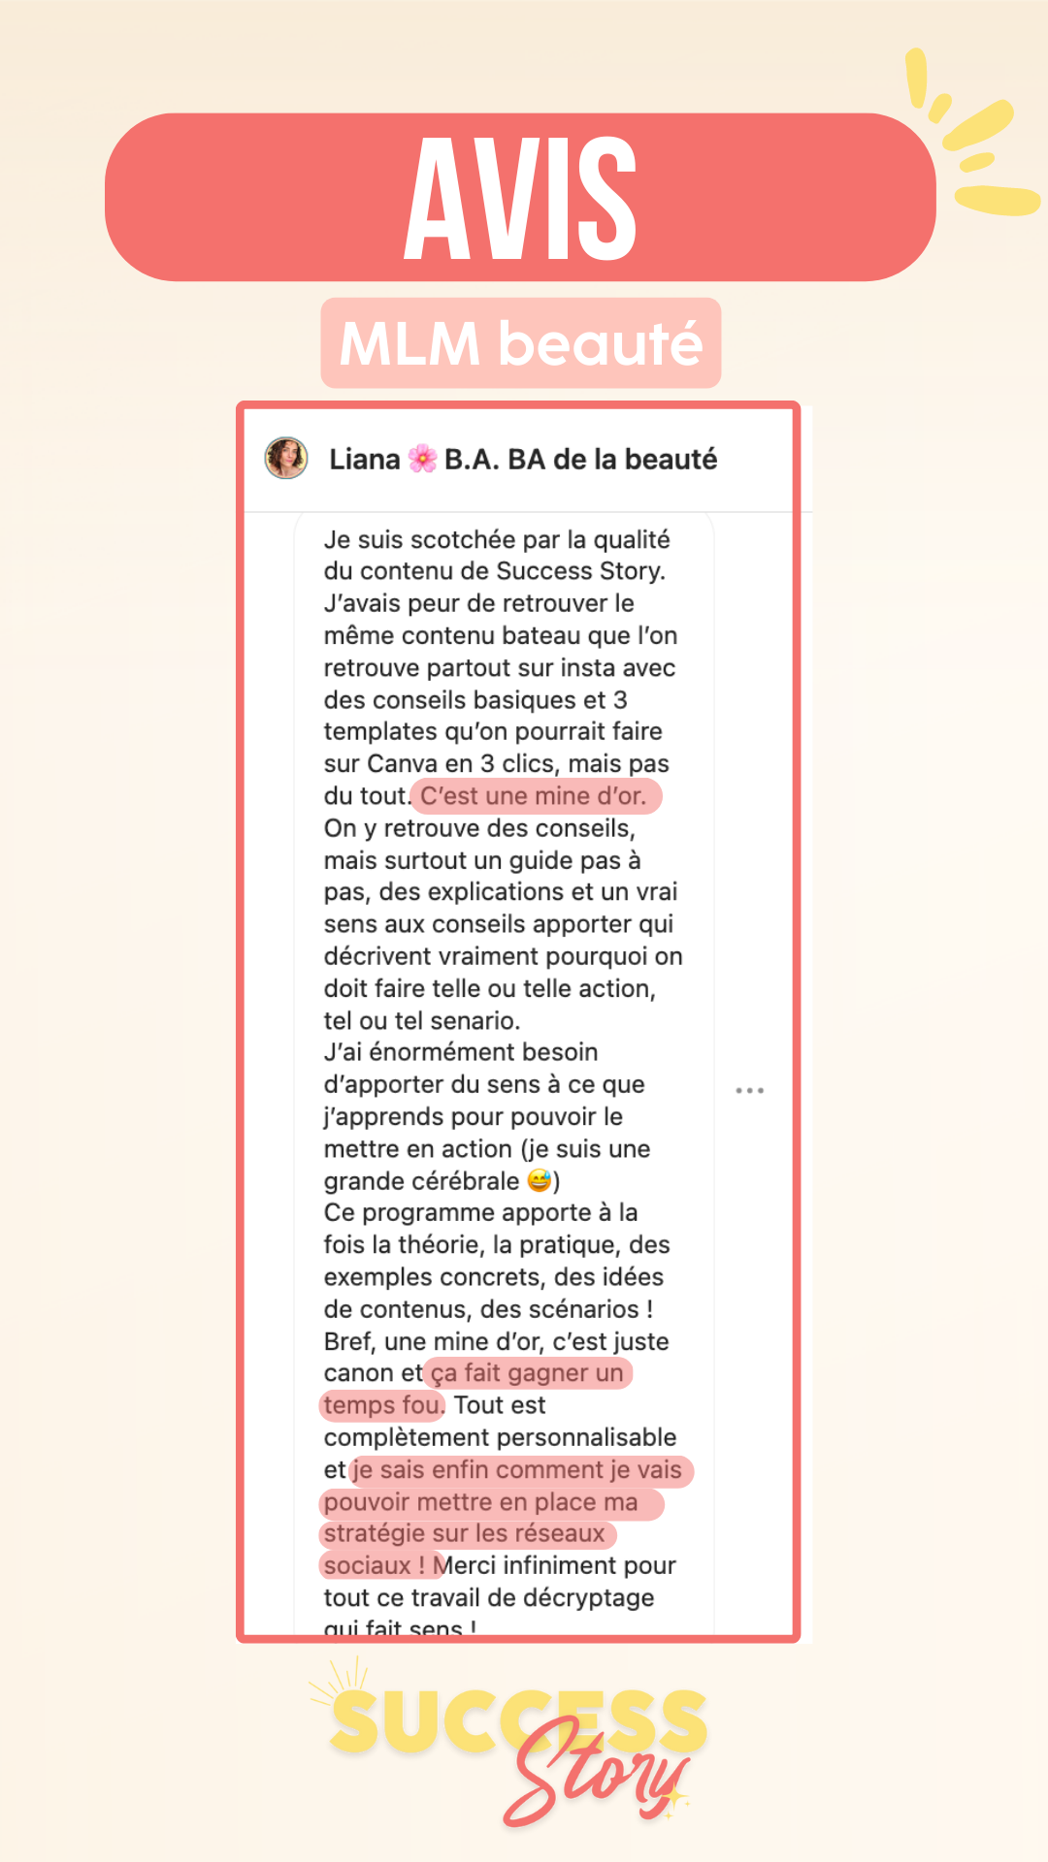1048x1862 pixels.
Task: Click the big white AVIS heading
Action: click(520, 198)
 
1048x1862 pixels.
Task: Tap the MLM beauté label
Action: click(521, 343)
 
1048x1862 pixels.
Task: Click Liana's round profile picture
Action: click(286, 458)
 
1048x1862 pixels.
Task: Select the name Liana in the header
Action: click(364, 459)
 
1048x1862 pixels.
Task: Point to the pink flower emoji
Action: click(422, 459)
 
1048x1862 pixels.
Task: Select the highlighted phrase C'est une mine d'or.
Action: click(534, 796)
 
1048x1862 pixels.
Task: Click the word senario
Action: click(475, 1020)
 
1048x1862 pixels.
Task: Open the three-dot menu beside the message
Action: click(749, 1091)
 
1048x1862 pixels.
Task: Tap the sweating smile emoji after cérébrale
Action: click(540, 1180)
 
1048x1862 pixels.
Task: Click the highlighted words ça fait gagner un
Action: click(527, 1373)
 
